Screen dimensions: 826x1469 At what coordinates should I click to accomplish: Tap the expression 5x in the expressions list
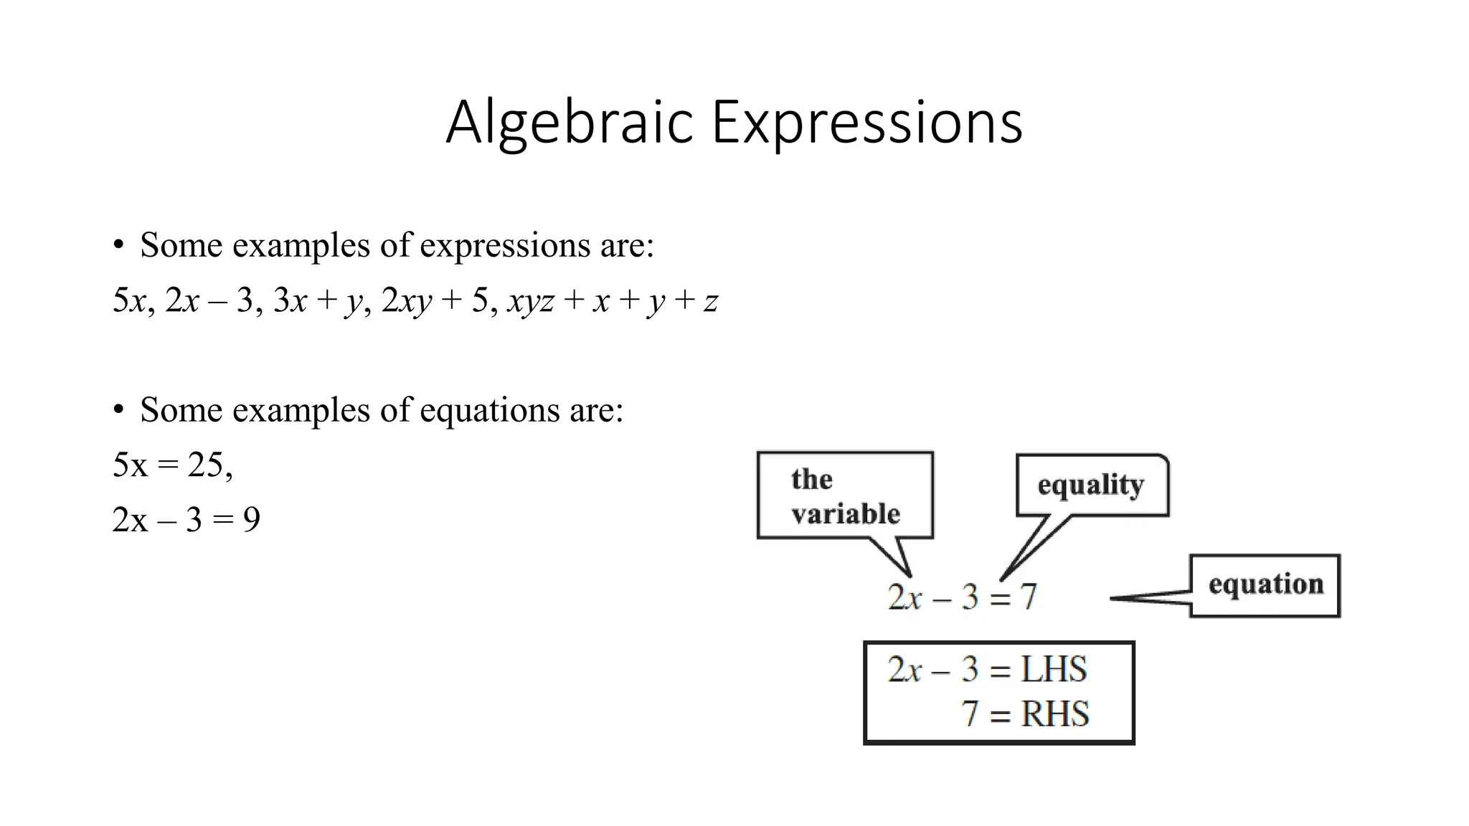click(129, 300)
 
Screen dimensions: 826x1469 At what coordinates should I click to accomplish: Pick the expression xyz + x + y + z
click(613, 300)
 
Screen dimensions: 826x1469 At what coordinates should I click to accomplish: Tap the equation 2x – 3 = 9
click(186, 520)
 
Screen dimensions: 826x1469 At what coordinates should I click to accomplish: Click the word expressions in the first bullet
click(504, 246)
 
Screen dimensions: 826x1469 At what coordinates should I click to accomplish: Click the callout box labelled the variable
click(845, 495)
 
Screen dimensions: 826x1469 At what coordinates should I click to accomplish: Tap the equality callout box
click(1091, 485)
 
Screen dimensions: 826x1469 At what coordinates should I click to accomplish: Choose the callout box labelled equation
click(1265, 585)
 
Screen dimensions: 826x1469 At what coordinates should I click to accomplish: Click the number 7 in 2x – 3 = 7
click(1029, 597)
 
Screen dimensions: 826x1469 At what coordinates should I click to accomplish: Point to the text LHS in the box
click(1053, 670)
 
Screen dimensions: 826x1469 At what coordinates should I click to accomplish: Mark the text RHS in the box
click(1054, 714)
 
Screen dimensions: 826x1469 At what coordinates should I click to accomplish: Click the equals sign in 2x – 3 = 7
click(1000, 598)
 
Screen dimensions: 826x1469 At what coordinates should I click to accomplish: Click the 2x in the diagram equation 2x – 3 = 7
click(904, 597)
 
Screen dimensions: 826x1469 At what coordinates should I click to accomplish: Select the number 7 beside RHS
click(970, 714)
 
